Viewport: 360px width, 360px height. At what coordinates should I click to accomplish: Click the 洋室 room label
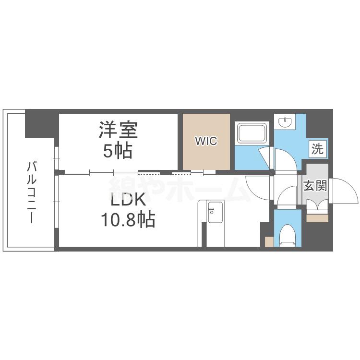coord(118,130)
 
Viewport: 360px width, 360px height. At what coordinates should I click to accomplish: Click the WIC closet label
coord(206,141)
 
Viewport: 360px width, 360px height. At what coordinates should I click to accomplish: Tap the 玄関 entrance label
coord(315,185)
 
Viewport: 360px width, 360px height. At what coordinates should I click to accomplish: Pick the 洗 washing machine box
coord(317,149)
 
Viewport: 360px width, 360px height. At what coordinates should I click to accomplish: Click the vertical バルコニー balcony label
coord(32,192)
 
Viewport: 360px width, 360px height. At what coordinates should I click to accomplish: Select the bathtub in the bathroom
coord(252,132)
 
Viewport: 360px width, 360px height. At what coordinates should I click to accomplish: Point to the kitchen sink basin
coord(215,212)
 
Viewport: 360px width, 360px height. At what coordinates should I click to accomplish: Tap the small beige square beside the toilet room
coord(269,241)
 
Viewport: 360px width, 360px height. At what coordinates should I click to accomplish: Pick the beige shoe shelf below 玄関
coord(317,218)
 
